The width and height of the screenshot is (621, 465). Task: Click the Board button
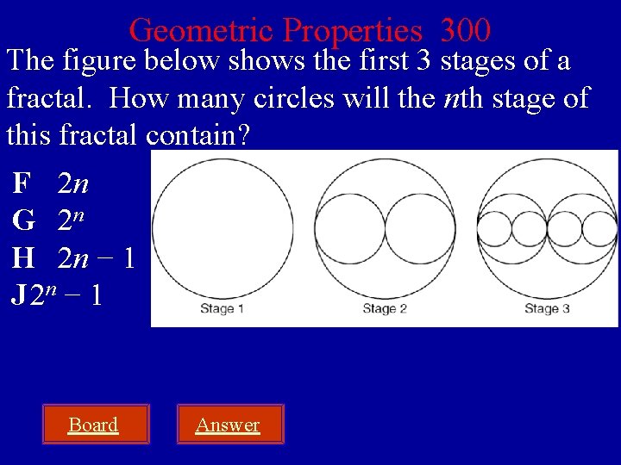pos(93,425)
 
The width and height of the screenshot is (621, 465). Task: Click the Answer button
pos(228,425)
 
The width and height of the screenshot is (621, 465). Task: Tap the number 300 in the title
pos(465,31)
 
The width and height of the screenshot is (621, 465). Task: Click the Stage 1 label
pos(223,309)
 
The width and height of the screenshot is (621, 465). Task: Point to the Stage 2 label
pos(385,309)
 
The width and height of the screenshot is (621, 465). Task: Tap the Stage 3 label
pos(547,309)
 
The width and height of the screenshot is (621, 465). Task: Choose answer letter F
pos(22,183)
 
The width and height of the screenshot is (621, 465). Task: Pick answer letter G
pos(23,220)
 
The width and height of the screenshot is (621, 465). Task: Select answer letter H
pos(23,257)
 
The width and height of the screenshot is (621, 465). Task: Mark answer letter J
pos(17,295)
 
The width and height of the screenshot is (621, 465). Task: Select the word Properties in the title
pos(353,31)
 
